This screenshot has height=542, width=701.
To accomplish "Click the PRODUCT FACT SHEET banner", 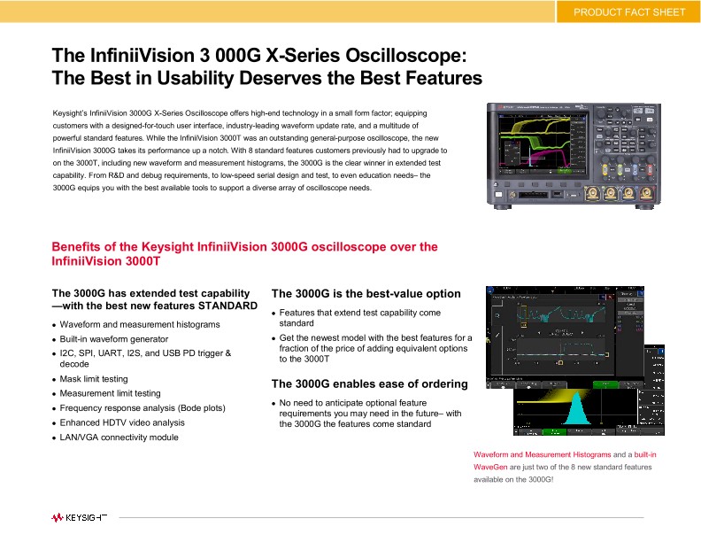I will tap(628, 12).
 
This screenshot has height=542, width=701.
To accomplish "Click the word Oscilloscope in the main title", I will tap(394, 55).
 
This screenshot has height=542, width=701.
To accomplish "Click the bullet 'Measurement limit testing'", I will tap(110, 393).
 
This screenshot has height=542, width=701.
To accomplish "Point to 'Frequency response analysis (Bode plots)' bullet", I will tap(143, 408).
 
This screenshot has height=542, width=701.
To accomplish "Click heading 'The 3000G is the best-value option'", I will tap(366, 294).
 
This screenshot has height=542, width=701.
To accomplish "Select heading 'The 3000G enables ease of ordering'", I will tap(369, 384).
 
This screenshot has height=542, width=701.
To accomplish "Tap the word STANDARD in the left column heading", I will tap(227, 306).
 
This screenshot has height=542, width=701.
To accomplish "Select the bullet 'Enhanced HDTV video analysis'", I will tap(122, 422).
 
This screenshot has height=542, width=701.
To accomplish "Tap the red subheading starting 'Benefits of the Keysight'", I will tap(244, 247).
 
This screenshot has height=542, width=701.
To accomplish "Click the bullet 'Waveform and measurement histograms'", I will tap(140, 325).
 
